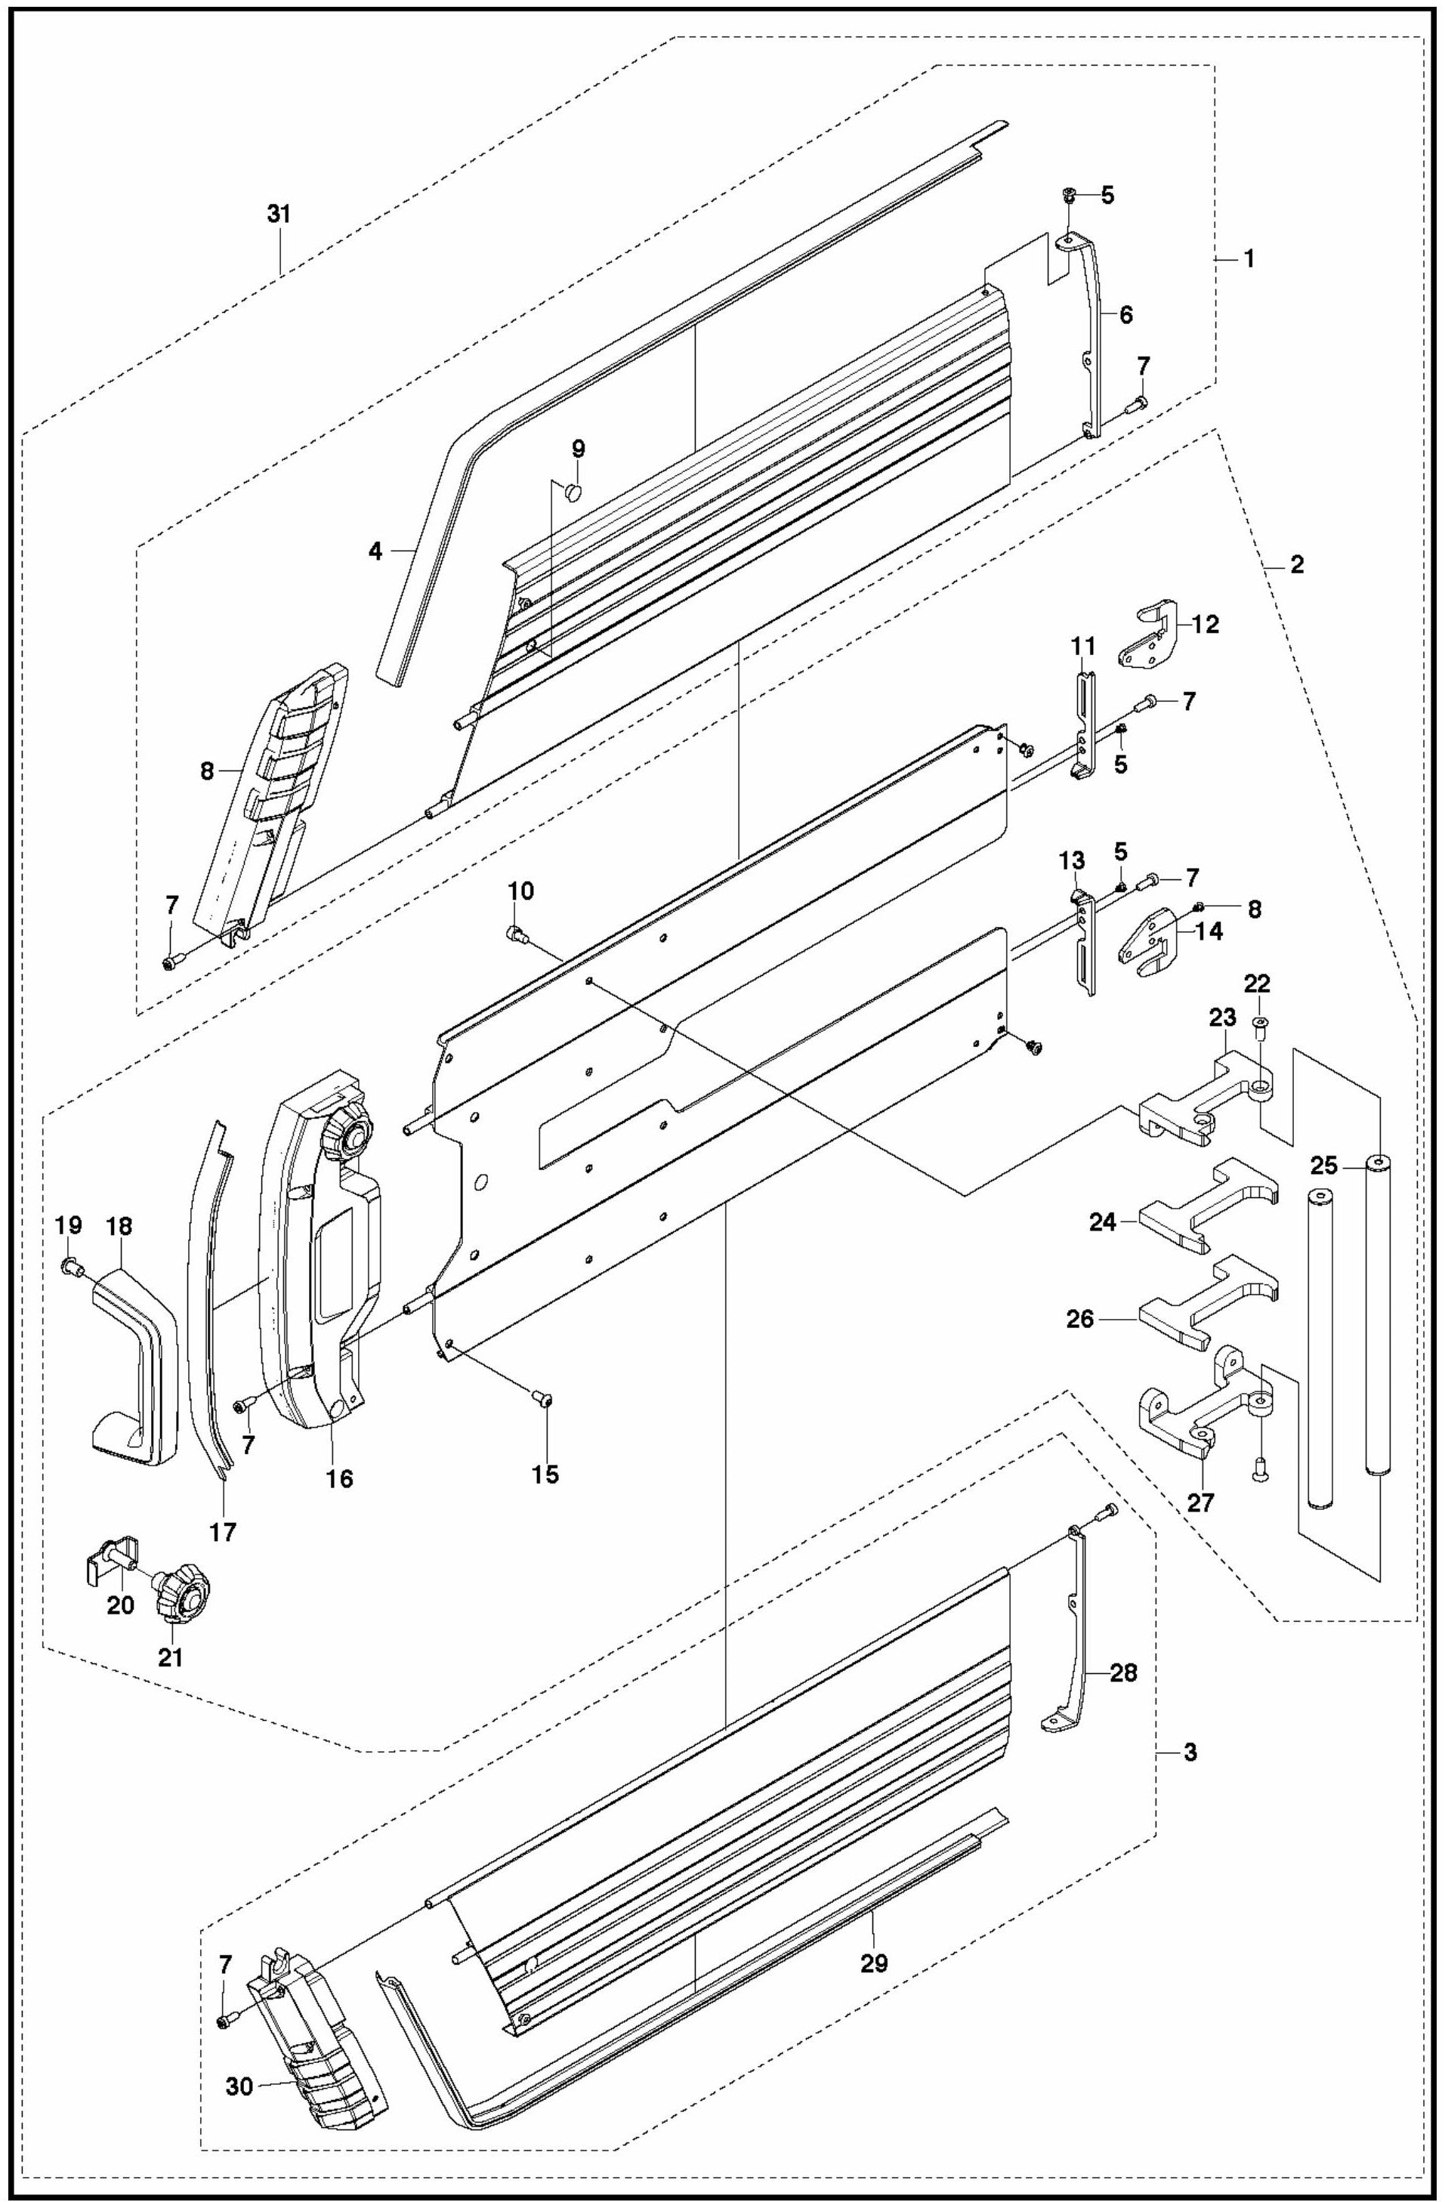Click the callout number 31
click(x=279, y=214)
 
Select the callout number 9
click(x=578, y=449)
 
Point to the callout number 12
click(x=1206, y=625)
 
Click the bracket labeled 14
click(x=1147, y=945)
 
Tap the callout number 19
click(x=69, y=1226)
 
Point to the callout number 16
click(x=339, y=1478)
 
